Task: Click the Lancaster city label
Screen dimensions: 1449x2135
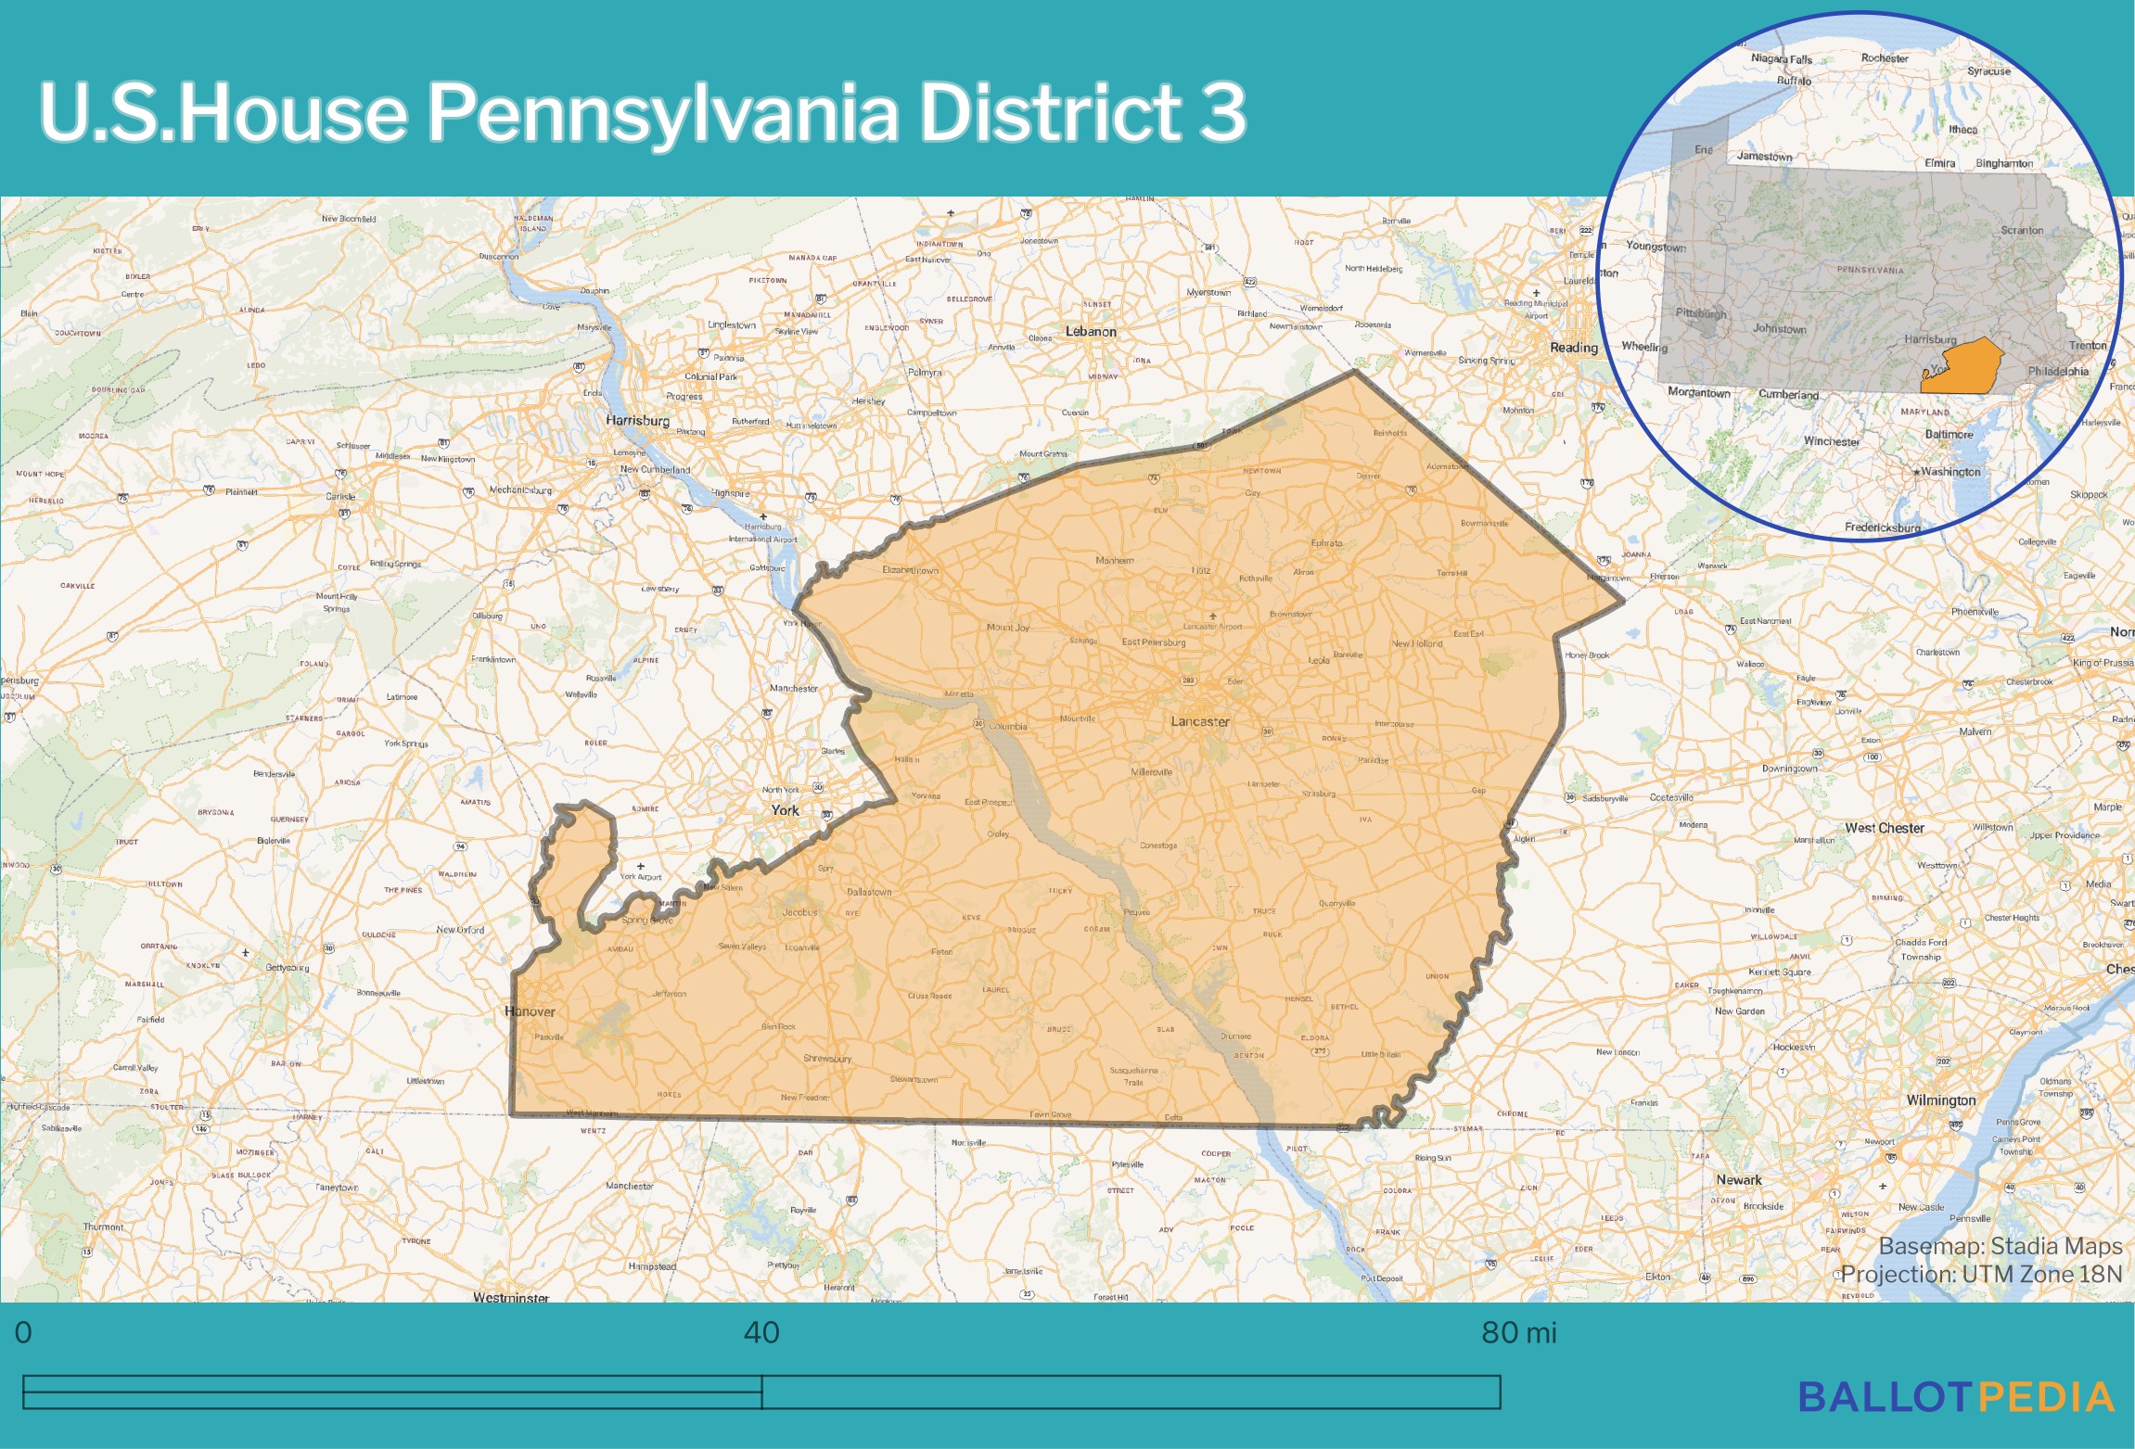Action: tap(1199, 721)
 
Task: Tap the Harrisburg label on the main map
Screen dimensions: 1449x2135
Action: tap(637, 420)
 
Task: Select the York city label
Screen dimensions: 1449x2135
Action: tap(785, 810)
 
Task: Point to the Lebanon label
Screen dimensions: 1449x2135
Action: tap(1091, 331)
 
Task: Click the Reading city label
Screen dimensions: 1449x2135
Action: tap(1573, 348)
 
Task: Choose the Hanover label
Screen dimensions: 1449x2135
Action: tap(531, 1011)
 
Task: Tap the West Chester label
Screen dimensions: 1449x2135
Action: tap(1884, 828)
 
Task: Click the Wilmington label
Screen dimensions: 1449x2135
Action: tap(1940, 1100)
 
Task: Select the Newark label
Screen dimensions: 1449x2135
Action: tap(1738, 1180)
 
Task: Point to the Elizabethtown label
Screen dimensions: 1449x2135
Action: tap(910, 570)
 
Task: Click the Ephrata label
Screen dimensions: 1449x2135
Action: tap(1326, 543)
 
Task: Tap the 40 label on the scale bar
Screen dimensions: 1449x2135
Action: tap(761, 1333)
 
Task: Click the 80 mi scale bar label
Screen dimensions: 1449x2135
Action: tap(1518, 1333)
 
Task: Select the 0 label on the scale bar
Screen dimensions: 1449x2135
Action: tap(24, 1333)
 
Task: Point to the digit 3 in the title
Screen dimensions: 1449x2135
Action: tap(1222, 111)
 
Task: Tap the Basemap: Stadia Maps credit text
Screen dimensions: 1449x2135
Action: tap(2000, 1246)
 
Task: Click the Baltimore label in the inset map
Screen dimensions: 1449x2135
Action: tap(1949, 434)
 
